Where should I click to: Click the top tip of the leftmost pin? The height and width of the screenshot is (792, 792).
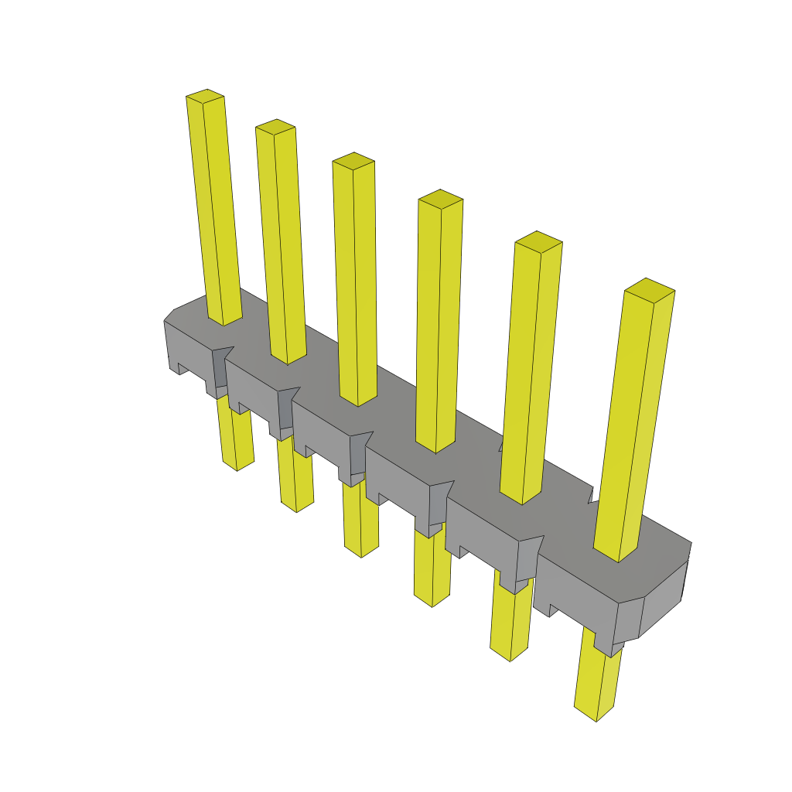[205, 96]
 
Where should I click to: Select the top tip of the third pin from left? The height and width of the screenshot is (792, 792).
[353, 161]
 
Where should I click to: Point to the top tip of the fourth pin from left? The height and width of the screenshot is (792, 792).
[440, 198]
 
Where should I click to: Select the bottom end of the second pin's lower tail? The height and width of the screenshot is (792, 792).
[297, 507]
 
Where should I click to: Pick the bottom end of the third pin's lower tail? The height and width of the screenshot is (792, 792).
[361, 551]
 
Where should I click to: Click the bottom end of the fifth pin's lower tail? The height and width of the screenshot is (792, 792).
[510, 655]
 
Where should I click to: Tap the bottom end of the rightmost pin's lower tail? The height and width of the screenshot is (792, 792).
[596, 715]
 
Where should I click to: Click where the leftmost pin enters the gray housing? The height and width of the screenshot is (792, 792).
[225, 319]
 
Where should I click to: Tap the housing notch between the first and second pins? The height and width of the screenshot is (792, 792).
[221, 368]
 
